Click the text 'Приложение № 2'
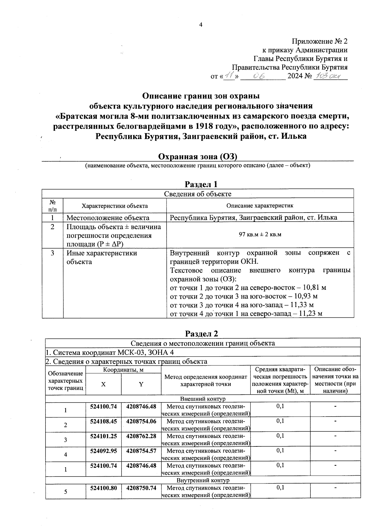[320, 41]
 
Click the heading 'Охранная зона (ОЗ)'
[197, 156]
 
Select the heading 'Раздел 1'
[201, 184]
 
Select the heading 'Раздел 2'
[201, 333]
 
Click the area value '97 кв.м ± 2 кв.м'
[260, 235]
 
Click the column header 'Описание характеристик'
[260, 206]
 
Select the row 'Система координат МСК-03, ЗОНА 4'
[110, 352]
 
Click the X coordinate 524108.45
[103, 421]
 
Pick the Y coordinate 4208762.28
[141, 436]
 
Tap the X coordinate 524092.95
[103, 451]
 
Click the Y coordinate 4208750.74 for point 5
[141, 488]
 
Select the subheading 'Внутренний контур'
[203, 480]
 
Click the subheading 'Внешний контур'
[203, 399]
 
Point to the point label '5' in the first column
[66, 492]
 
